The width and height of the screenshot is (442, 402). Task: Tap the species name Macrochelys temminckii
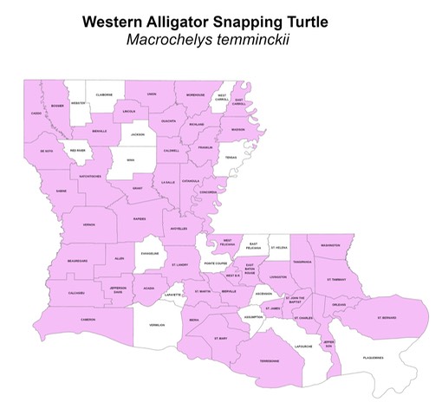221,40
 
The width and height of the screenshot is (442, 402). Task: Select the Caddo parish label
36,113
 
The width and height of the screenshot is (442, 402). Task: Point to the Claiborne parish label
104,94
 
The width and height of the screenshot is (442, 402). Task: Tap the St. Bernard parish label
387,318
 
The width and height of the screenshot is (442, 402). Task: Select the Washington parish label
330,245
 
